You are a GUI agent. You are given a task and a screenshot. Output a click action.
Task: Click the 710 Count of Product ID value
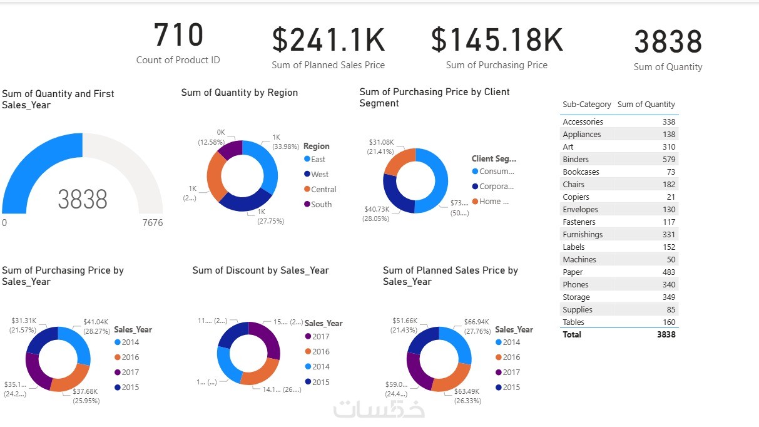[x=178, y=36]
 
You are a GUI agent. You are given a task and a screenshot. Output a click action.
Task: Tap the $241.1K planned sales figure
[x=328, y=40]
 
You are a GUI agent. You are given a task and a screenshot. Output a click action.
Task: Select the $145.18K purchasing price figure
[x=497, y=40]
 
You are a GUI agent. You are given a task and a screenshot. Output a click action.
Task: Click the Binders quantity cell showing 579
[x=669, y=160]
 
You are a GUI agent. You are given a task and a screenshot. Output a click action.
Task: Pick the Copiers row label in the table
[x=576, y=197]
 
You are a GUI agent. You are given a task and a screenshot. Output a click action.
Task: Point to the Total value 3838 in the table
[x=666, y=335]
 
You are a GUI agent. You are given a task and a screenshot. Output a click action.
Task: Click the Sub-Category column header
[x=586, y=105]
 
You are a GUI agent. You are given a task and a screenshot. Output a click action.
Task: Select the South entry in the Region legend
[x=321, y=205]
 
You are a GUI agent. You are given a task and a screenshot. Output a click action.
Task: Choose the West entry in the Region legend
[x=319, y=175]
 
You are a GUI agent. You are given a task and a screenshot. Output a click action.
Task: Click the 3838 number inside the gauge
[x=83, y=200]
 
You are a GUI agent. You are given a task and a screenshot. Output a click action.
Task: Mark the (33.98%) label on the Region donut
[x=285, y=147]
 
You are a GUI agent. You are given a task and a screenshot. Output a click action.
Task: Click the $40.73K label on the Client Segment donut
[x=375, y=209]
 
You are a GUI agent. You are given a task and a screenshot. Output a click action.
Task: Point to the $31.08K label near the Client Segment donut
[x=381, y=142]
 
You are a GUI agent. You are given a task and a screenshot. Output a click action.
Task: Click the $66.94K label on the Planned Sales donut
[x=477, y=322]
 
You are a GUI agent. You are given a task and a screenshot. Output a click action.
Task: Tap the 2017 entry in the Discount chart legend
[x=320, y=337]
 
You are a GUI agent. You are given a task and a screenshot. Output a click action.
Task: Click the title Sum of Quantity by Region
[x=239, y=93]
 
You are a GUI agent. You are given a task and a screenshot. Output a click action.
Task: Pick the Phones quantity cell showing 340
[x=669, y=285]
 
